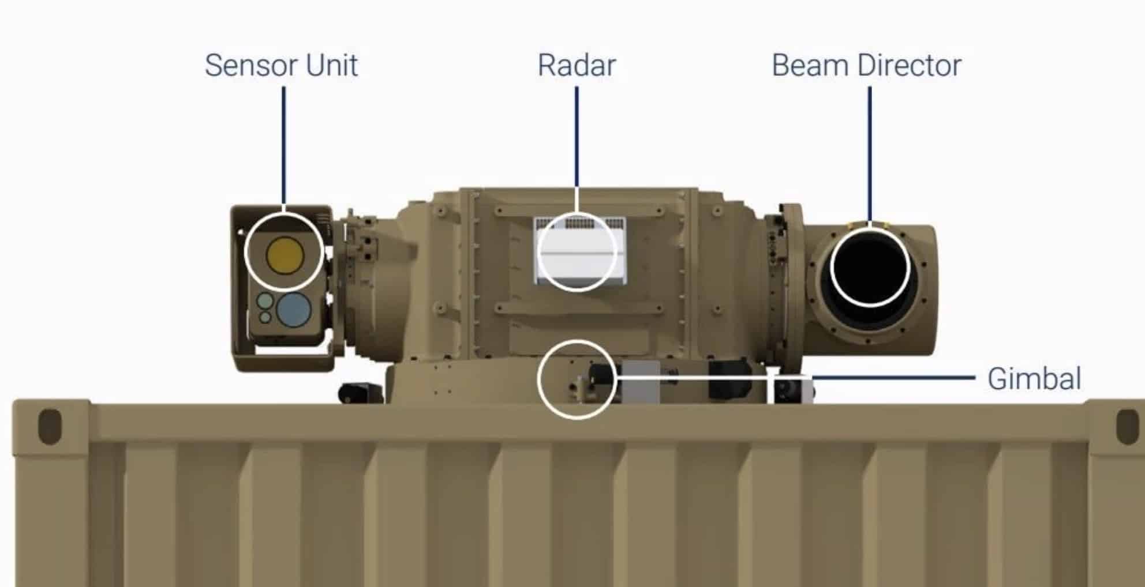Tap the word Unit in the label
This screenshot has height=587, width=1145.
pyautogui.click(x=332, y=65)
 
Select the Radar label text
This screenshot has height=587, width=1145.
pyautogui.click(x=577, y=65)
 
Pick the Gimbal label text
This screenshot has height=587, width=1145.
pyautogui.click(x=1034, y=379)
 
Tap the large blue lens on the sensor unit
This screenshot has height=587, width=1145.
pyautogui.click(x=294, y=309)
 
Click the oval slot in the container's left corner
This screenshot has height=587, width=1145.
pyautogui.click(x=49, y=427)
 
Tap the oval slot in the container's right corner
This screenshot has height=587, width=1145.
pyautogui.click(x=1127, y=427)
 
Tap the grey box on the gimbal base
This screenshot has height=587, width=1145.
pyautogui.click(x=641, y=382)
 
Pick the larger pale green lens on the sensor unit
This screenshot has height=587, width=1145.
pyautogui.click(x=265, y=301)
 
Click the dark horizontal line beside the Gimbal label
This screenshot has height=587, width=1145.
pyautogui.click(x=895, y=378)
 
